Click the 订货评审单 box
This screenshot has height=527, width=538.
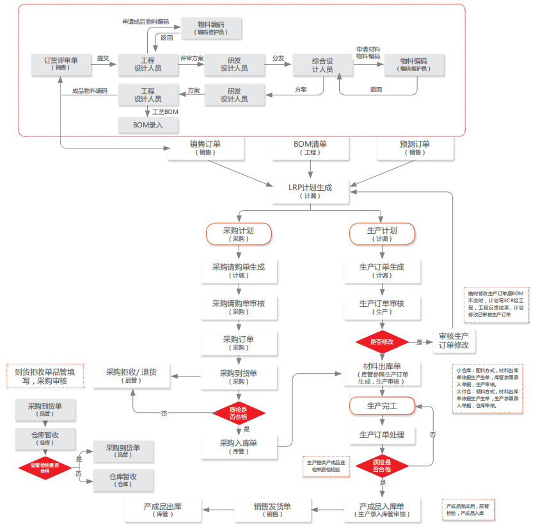(x=61, y=64)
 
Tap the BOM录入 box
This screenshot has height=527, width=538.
(x=148, y=125)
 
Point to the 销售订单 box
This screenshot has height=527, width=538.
(x=205, y=148)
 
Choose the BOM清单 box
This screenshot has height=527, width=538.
(x=310, y=148)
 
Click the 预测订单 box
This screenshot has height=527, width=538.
(x=416, y=148)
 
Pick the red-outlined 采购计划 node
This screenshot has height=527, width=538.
(x=239, y=234)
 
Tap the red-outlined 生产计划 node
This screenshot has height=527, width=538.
(x=382, y=234)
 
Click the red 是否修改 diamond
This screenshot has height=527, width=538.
(x=382, y=342)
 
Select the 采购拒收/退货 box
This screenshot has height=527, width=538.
(x=132, y=376)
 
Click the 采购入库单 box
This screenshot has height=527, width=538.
(x=239, y=446)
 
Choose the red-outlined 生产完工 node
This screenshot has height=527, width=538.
(x=382, y=405)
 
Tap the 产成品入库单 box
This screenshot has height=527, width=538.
(x=382, y=510)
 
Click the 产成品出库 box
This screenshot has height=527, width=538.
(x=162, y=510)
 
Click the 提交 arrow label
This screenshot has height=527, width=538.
(x=103, y=58)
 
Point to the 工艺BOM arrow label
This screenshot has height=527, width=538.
(x=165, y=111)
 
